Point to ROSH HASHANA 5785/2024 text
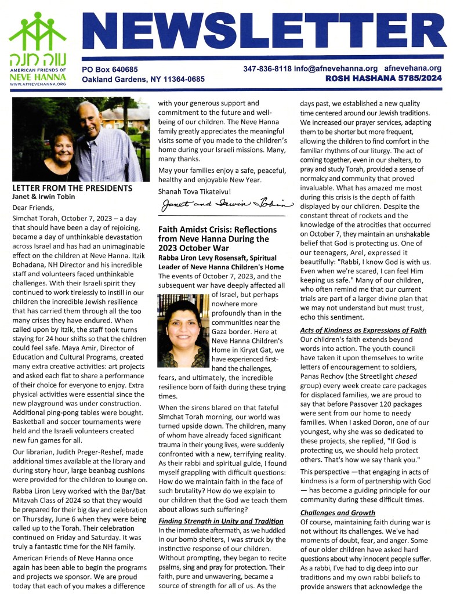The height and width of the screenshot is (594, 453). [383, 78]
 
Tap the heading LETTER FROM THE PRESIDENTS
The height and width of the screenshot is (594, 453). [73, 188]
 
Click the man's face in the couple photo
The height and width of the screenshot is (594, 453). [92, 120]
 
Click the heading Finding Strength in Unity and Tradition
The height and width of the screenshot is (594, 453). [221, 521]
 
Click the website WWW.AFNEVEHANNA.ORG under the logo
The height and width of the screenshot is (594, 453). [38, 84]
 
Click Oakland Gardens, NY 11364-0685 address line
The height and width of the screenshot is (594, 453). [143, 79]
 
